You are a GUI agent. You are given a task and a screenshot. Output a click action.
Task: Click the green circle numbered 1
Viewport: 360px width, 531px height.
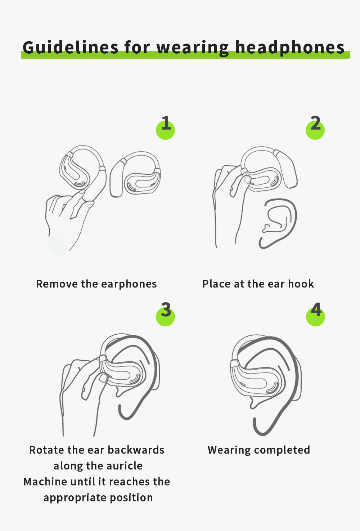(165, 130)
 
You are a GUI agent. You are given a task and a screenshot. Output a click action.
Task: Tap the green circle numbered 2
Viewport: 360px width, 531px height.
(315, 130)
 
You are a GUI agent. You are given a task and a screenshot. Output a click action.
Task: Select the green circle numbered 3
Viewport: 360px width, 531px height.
(165, 317)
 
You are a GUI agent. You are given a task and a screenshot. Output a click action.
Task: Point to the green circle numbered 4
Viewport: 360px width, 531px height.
(315, 317)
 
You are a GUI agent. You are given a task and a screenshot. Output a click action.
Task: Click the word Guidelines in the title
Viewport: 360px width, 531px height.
(71, 48)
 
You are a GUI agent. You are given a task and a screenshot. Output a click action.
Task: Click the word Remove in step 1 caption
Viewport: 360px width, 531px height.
(57, 284)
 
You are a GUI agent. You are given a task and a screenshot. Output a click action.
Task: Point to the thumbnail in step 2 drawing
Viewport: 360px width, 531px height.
(247, 180)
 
